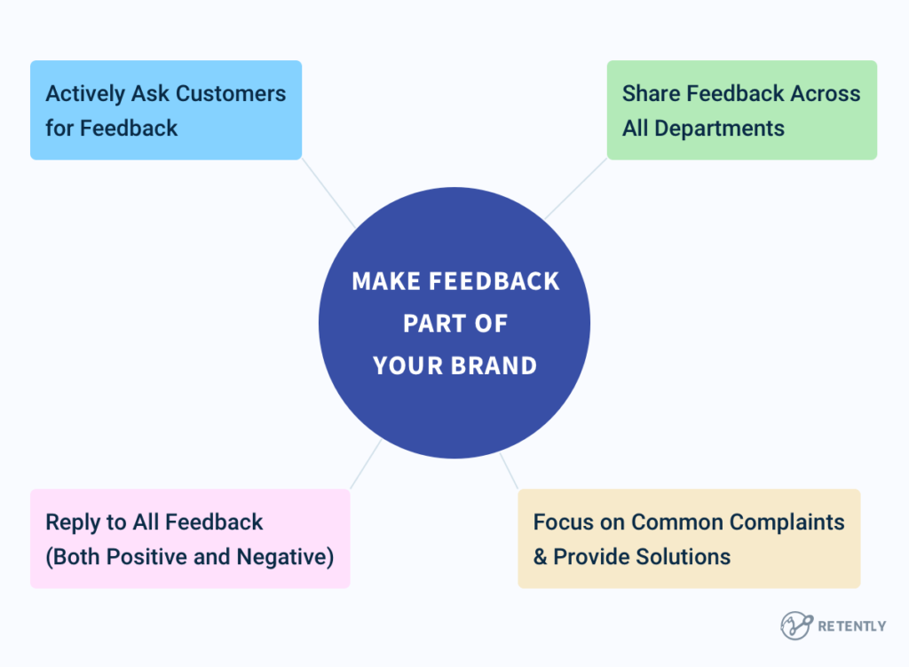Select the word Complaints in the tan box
[795, 522]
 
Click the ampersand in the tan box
[541, 557]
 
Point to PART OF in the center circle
[454, 324]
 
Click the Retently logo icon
[796, 625]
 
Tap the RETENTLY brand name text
[851, 626]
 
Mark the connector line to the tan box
[510, 472]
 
